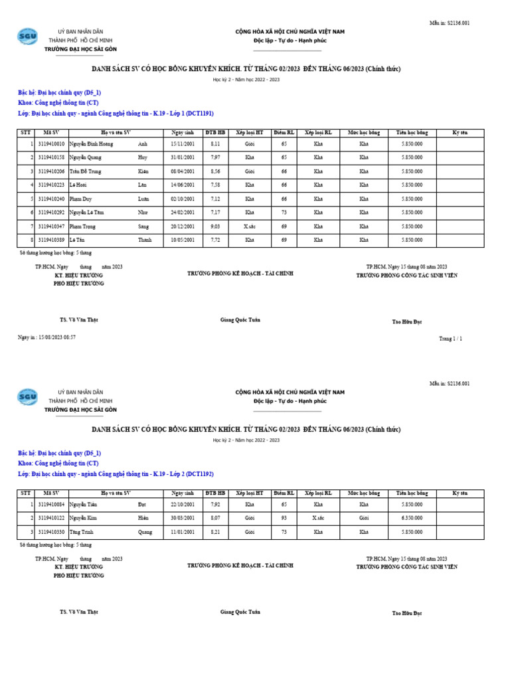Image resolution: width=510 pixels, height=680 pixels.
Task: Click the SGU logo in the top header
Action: click(28, 37)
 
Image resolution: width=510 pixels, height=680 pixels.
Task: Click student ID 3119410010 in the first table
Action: click(51, 143)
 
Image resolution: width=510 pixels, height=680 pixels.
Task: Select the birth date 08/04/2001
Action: click(183, 171)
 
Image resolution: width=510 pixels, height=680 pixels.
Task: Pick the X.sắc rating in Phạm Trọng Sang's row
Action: click(250, 226)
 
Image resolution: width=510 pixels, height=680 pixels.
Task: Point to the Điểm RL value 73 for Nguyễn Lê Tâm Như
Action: click(284, 212)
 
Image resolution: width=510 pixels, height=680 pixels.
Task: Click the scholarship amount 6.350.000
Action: click(412, 518)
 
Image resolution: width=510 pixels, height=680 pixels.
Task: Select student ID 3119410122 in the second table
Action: click(51, 518)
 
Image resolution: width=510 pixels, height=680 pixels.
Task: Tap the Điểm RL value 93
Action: click(284, 518)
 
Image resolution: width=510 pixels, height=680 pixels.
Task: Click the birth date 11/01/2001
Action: click(183, 532)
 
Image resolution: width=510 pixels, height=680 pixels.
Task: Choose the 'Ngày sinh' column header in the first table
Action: click(183, 132)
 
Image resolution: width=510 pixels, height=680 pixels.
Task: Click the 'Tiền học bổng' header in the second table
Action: click(412, 493)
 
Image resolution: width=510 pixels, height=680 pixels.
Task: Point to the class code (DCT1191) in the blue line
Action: click(201, 114)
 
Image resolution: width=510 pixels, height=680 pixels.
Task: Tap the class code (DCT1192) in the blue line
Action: click(201, 474)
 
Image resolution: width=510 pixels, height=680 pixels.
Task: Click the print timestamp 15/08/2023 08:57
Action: click(56, 337)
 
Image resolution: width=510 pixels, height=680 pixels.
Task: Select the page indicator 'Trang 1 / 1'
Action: click(450, 339)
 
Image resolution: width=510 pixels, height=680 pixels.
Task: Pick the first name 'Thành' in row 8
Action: click(145, 240)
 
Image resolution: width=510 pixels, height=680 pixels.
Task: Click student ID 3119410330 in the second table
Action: click(51, 532)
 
